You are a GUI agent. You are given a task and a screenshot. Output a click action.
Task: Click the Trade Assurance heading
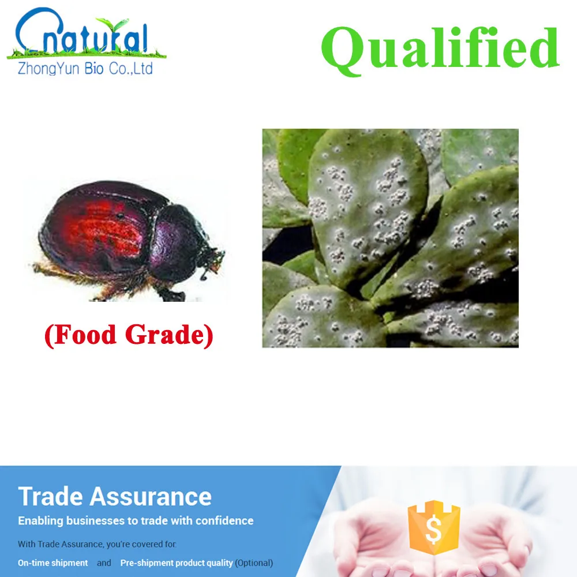pyautogui.click(x=115, y=496)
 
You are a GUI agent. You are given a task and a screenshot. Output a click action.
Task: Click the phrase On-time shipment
pyautogui.click(x=53, y=563)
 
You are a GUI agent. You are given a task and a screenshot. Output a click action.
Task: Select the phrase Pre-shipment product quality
pyautogui.click(x=177, y=563)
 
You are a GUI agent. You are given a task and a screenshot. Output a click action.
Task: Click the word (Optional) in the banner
pyautogui.click(x=254, y=563)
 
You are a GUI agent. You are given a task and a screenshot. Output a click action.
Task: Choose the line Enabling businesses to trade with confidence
pyautogui.click(x=136, y=520)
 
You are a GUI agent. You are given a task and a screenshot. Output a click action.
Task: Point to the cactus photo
pyautogui.click(x=390, y=238)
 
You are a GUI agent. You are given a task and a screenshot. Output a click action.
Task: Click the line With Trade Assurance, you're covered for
pyautogui.click(x=97, y=544)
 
